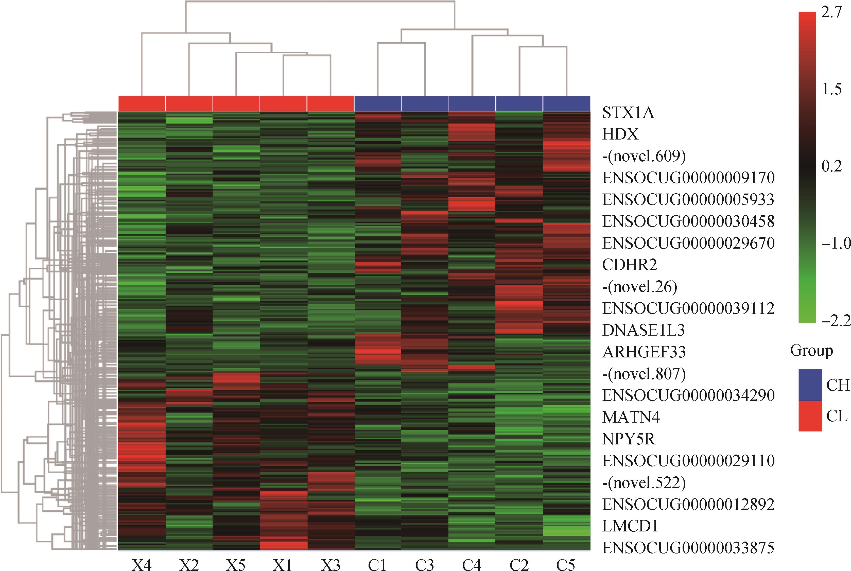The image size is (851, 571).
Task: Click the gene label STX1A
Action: click(x=628, y=113)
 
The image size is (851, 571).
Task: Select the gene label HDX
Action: click(x=620, y=135)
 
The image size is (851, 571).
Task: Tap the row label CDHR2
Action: click(x=629, y=265)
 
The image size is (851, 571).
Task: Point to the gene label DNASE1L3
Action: click(x=643, y=330)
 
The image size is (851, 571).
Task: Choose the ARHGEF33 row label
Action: click(x=644, y=352)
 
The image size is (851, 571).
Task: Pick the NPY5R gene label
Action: click(x=629, y=439)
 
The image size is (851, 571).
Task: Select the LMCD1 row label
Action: click(x=630, y=526)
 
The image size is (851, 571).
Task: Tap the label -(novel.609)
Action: click(x=644, y=156)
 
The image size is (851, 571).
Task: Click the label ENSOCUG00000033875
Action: click(x=688, y=548)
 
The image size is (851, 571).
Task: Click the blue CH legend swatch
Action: click(x=810, y=385)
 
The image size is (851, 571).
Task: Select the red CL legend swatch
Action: click(x=810, y=416)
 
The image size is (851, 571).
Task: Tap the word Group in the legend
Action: click(x=811, y=351)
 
